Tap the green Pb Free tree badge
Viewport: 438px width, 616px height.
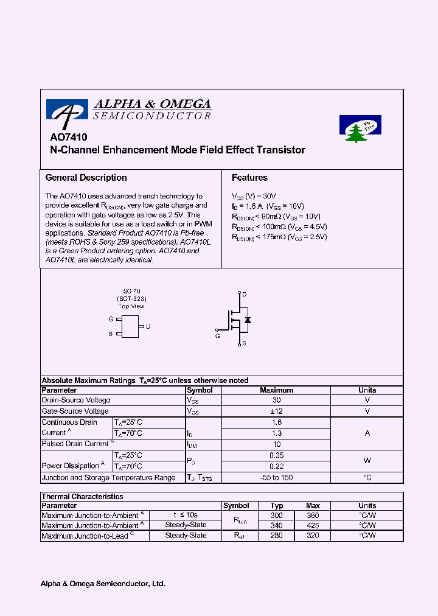click(x=360, y=129)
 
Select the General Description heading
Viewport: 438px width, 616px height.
click(x=86, y=178)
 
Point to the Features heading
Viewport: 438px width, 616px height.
click(x=249, y=178)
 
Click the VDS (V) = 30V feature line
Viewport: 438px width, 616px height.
click(x=254, y=197)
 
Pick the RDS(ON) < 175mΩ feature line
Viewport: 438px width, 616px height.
click(x=279, y=237)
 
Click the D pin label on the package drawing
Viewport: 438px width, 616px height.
click(x=148, y=327)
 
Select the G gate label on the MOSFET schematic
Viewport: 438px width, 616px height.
click(x=217, y=335)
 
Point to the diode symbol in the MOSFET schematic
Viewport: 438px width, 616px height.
click(x=248, y=320)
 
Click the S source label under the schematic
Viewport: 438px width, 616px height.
click(x=244, y=344)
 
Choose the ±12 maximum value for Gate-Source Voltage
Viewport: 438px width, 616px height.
click(x=276, y=411)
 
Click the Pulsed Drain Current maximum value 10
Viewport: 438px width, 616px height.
click(x=276, y=444)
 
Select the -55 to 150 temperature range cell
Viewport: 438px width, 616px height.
click(x=276, y=478)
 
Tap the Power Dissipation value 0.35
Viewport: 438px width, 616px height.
click(x=276, y=455)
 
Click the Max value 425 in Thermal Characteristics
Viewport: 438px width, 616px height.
click(x=313, y=525)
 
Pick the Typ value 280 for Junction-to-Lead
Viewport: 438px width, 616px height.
click(x=277, y=536)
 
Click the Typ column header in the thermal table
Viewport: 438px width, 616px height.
click(x=277, y=506)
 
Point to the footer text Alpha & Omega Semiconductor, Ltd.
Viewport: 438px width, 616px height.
click(x=103, y=584)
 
